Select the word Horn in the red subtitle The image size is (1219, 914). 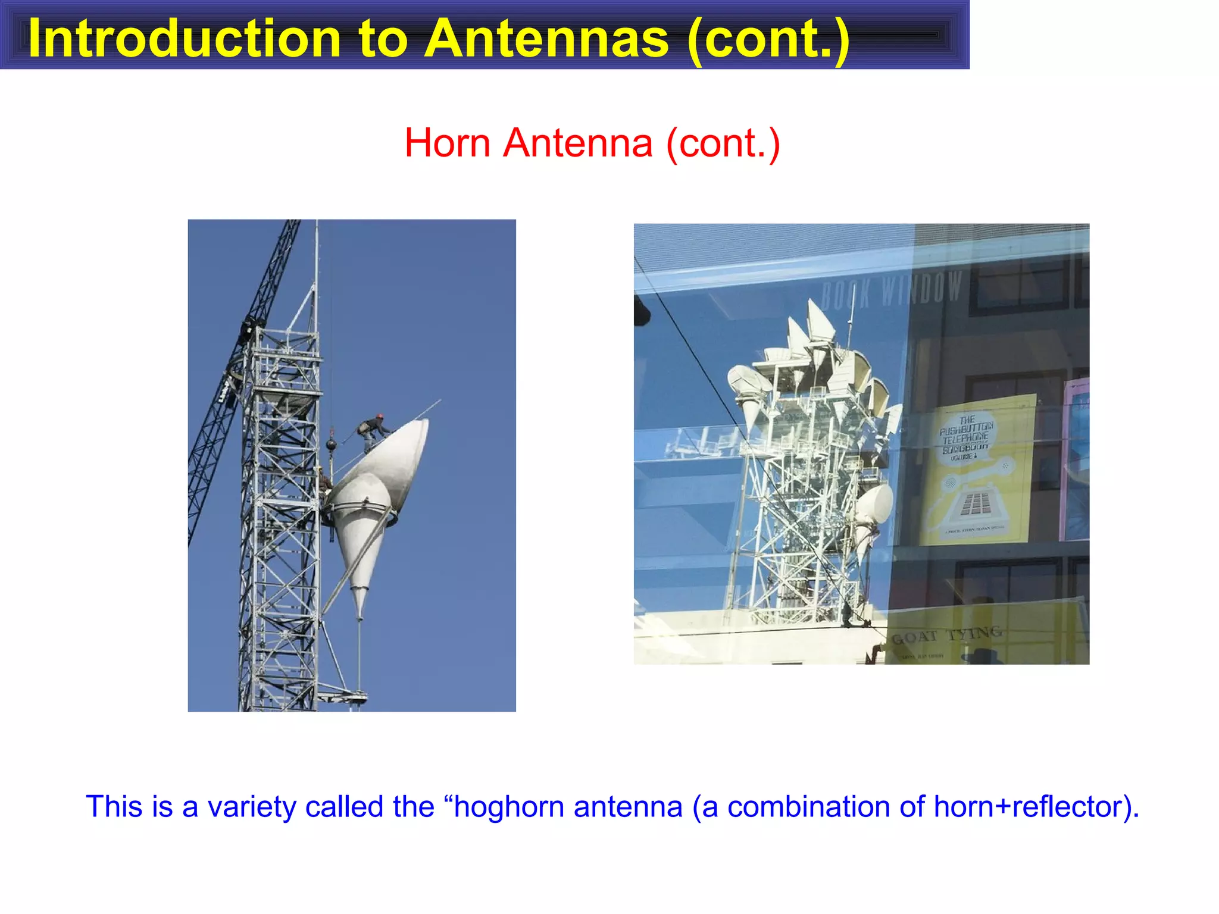point(448,143)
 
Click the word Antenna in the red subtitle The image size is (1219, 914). point(577,143)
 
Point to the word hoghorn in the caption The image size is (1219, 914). point(508,807)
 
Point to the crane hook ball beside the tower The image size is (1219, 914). point(331,444)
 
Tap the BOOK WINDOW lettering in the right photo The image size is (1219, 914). point(891,290)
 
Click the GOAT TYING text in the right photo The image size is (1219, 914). point(946,636)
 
